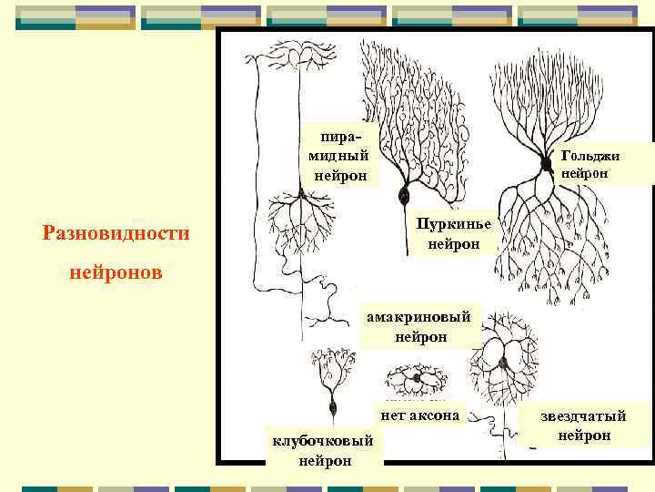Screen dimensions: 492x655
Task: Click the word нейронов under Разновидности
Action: pos(116,272)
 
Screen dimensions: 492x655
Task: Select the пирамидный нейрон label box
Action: pos(340,155)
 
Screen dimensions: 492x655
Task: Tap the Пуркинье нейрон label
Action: pos(453,234)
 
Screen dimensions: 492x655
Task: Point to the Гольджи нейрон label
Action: pos(590,164)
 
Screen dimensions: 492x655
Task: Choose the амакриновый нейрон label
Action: pos(420,327)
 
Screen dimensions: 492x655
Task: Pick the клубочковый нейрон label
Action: pos(324,451)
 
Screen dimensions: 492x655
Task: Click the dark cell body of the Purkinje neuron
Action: pos(404,194)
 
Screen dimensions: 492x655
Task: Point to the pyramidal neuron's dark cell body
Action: pos(300,195)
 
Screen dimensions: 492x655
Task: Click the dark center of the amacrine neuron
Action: pos(416,377)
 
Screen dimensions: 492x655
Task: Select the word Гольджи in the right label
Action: pos(590,156)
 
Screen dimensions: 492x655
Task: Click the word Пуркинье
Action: pos(453,225)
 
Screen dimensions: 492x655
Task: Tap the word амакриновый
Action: pos(420,318)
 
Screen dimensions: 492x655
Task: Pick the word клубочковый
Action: pos(324,442)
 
